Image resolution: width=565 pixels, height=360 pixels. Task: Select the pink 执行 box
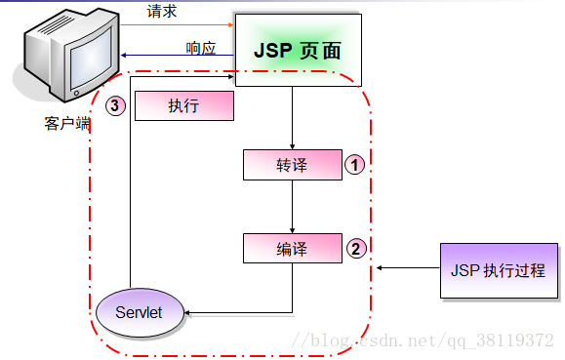[183, 106]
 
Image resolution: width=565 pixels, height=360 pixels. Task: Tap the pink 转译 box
[292, 165]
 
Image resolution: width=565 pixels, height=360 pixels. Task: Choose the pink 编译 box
[292, 249]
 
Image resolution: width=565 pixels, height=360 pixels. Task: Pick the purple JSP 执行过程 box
[499, 270]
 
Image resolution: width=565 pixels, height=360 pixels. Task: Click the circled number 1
[356, 165]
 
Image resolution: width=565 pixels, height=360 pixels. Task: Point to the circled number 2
[356, 249]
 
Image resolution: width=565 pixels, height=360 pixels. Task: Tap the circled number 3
[116, 106]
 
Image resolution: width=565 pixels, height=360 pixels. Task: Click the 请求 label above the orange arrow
[161, 11]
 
